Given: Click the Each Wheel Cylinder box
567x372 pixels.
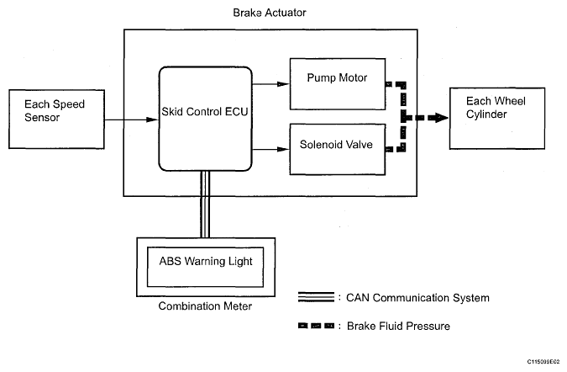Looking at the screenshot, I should coord(492,118).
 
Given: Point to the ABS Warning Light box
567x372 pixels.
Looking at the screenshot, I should coord(206,261).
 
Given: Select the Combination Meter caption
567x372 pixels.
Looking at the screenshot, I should coord(205,306).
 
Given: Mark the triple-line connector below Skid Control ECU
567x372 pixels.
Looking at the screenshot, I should coord(205,202).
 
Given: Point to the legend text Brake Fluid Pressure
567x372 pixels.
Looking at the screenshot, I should coord(400,325).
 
